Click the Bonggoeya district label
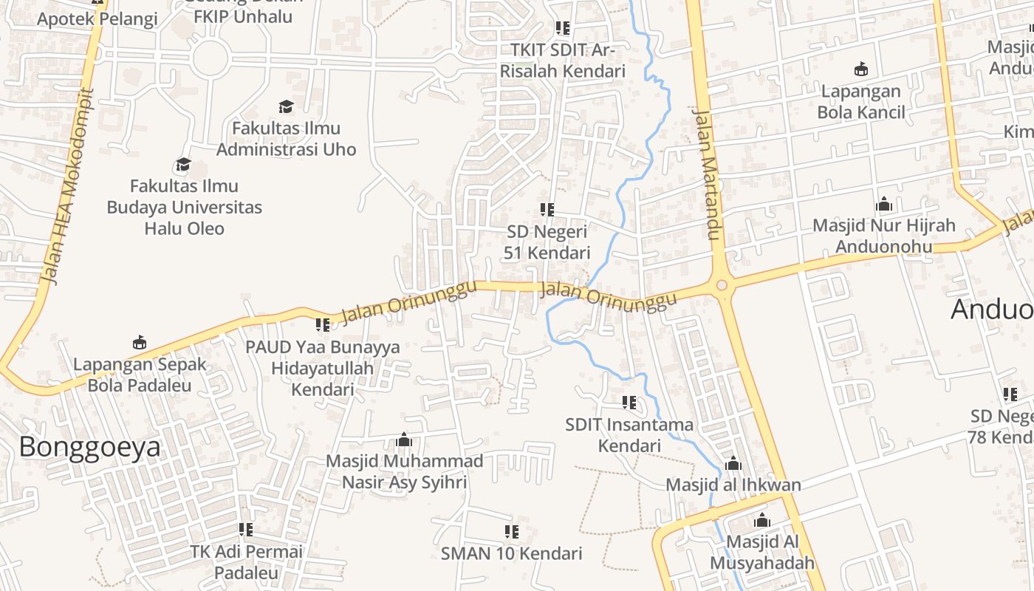(89, 448)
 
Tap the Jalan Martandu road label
(706, 175)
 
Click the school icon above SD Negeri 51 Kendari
(547, 210)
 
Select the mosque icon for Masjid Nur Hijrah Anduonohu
(884, 205)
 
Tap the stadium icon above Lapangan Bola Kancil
(860, 70)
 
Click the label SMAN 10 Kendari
(511, 553)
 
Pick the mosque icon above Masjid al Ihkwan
(733, 464)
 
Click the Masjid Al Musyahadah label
(762, 552)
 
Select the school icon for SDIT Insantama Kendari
(629, 403)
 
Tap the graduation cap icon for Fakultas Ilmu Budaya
(183, 164)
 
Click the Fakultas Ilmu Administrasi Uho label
(286, 139)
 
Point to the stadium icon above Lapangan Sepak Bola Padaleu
(139, 343)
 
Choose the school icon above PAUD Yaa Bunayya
(323, 325)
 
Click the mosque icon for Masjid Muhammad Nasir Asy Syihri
(403, 440)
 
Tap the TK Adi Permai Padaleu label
(246, 562)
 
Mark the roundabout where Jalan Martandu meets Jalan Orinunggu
(722, 285)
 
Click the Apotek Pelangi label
(97, 19)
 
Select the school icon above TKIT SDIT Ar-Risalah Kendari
(563, 28)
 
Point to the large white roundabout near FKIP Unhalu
(209, 58)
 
